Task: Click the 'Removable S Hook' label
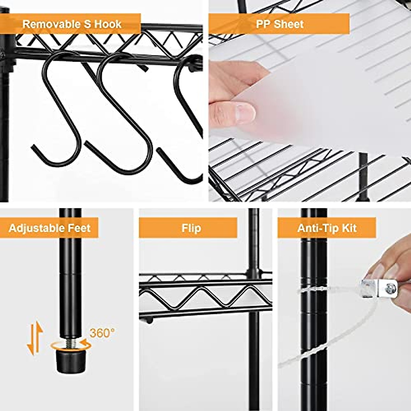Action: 72,24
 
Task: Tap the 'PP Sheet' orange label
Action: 279,24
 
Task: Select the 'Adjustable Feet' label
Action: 50,228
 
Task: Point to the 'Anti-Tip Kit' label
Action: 327,228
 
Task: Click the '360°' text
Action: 102,333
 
